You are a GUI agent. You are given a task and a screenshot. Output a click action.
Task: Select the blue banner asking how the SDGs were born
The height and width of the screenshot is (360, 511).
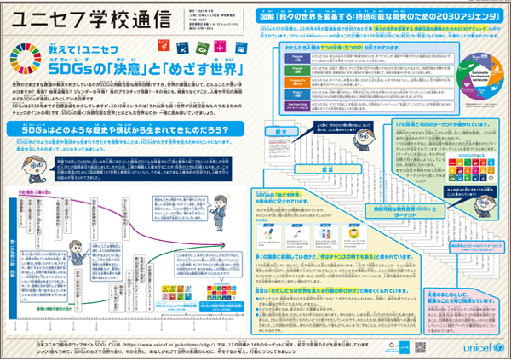pyautogui.click(x=118, y=129)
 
